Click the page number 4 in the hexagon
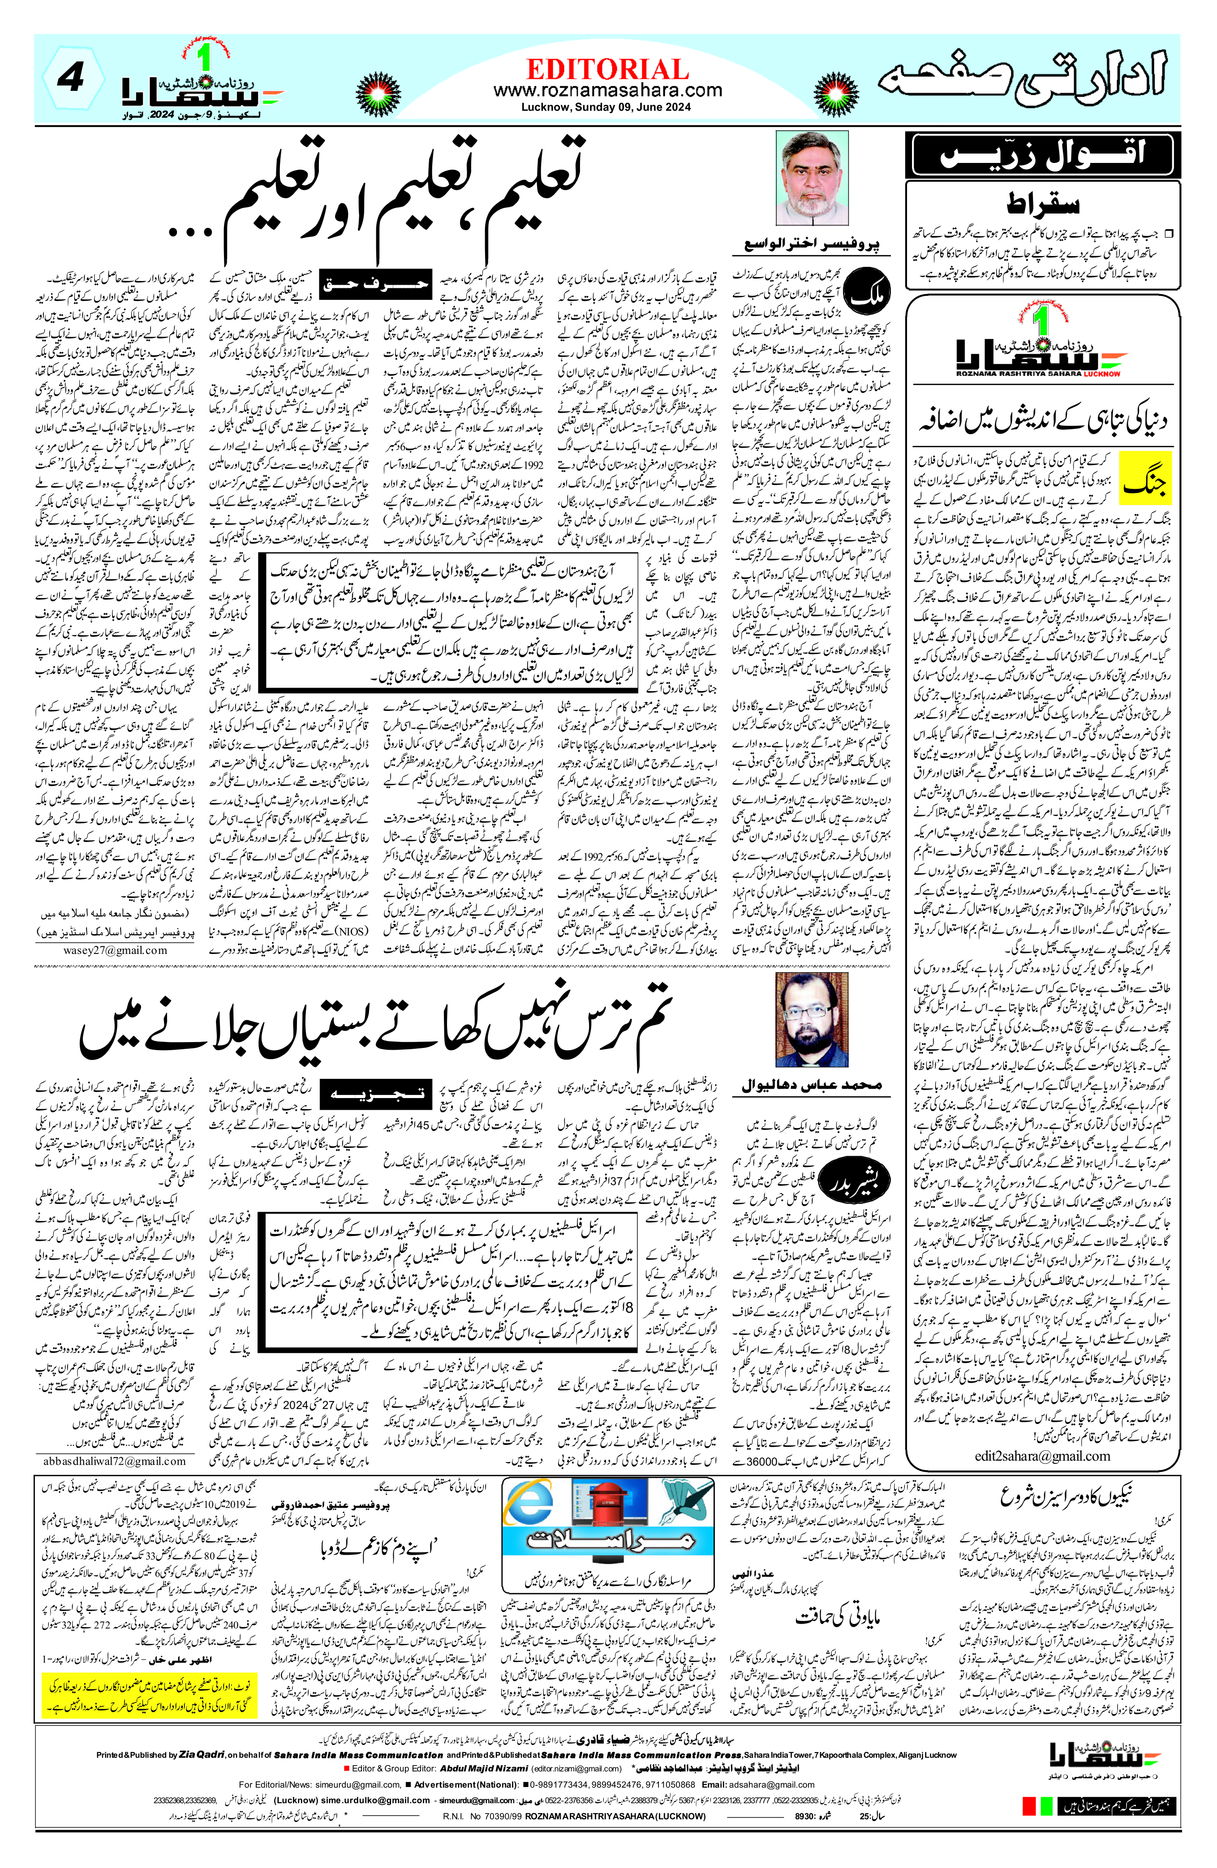coord(72,78)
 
